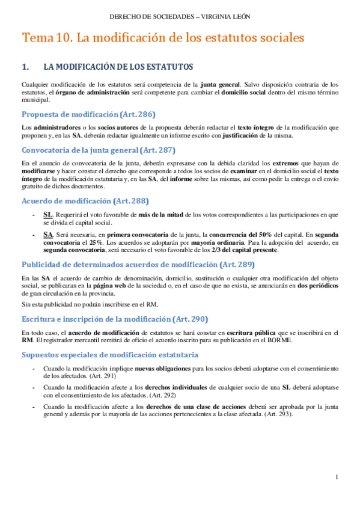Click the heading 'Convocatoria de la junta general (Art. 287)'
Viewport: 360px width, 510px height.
tap(98, 150)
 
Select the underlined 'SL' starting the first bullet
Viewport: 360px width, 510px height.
tap(48, 214)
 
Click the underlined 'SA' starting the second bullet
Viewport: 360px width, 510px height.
tap(48, 233)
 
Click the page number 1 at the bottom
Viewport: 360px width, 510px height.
tap(337, 477)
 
